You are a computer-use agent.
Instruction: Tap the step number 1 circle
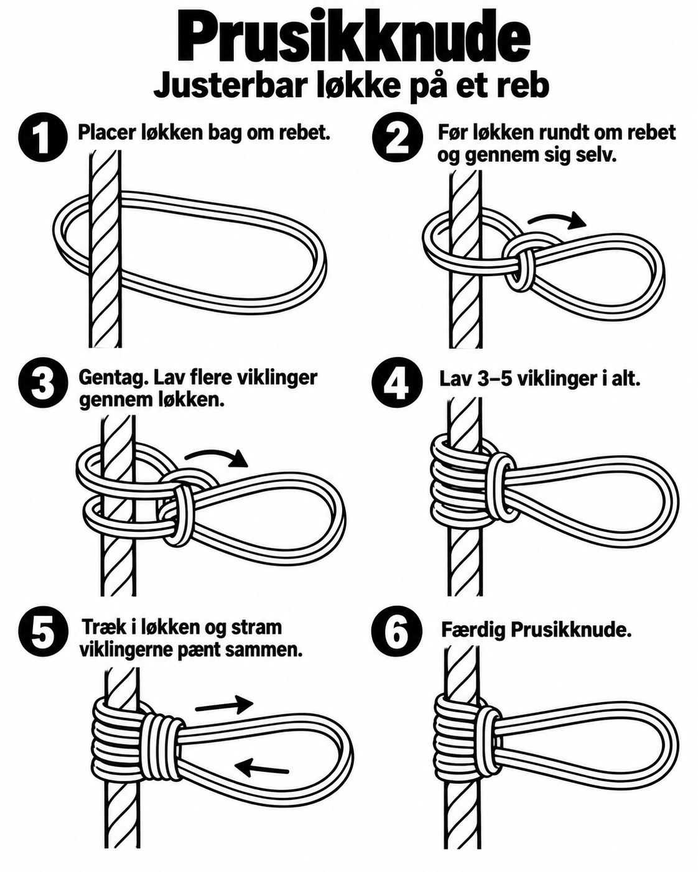[42, 138]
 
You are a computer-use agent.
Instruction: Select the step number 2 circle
[398, 138]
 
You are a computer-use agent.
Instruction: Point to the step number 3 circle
[42, 383]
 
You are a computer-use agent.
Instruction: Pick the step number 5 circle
[42, 631]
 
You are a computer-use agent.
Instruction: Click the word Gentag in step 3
[108, 378]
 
